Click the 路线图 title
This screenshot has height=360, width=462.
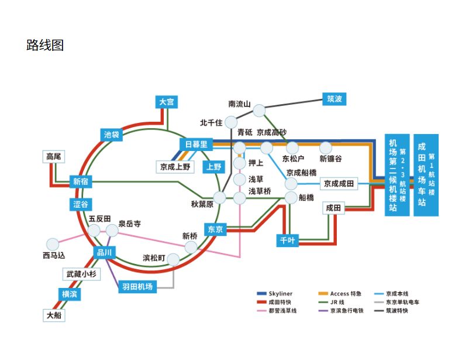click(x=45, y=45)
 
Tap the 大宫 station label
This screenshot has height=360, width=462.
click(x=167, y=102)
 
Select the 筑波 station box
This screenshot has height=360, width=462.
click(x=335, y=99)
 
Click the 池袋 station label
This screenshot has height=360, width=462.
click(x=112, y=135)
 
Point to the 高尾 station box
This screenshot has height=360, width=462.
click(x=54, y=156)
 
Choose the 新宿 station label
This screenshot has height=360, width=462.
click(x=81, y=181)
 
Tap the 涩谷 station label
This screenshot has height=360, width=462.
click(x=81, y=204)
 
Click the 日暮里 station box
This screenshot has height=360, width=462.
click(x=196, y=144)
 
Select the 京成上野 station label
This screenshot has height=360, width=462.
click(x=175, y=167)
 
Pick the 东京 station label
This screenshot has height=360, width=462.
click(x=215, y=229)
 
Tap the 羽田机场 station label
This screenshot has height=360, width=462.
click(x=137, y=287)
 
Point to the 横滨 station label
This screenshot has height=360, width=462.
click(x=69, y=294)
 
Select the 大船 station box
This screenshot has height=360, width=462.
click(x=54, y=316)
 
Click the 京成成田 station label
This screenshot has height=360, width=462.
click(x=339, y=184)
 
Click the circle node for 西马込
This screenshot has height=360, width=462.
click(x=53, y=244)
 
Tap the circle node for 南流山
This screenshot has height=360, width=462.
click(x=259, y=110)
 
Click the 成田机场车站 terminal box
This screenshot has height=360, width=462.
click(x=425, y=175)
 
